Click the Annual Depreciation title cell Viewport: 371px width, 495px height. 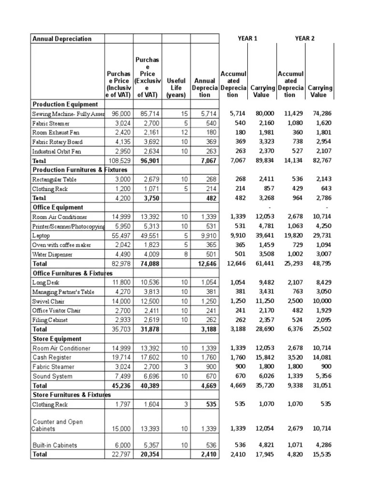coord(62,39)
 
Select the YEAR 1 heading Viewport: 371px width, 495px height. coord(248,38)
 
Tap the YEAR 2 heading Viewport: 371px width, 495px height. coord(305,38)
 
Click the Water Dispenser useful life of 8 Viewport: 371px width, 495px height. coord(184,254)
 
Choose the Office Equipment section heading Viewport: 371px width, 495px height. coord(58,207)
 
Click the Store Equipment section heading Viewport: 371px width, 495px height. coord(57,339)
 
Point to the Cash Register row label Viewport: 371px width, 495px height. coord(52,358)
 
